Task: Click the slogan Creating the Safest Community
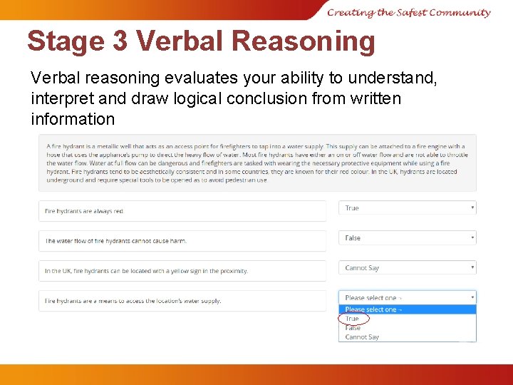coord(409,12)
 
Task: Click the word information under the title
coord(73,119)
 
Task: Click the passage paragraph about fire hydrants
coord(256,163)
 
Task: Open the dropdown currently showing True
coord(407,208)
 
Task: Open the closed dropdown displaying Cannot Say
coord(407,268)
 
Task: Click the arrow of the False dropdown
coord(472,238)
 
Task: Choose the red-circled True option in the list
coord(353,319)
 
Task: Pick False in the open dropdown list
coord(353,328)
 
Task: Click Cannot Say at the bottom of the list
coord(362,337)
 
